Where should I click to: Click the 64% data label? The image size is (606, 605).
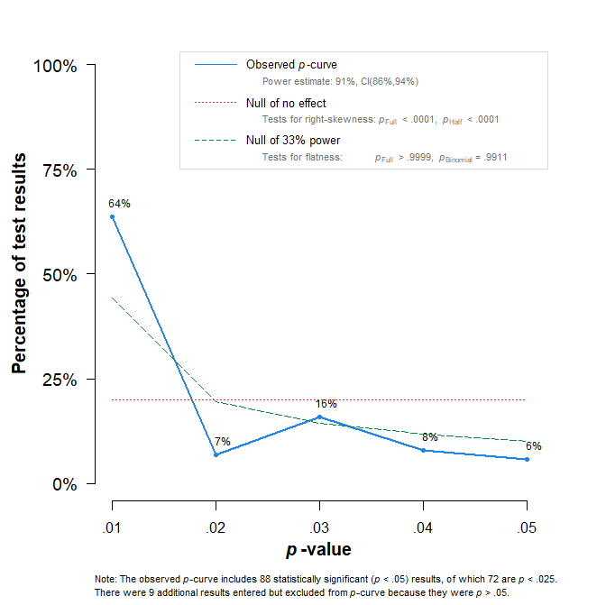pyautogui.click(x=119, y=204)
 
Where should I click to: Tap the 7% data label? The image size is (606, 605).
pyautogui.click(x=223, y=442)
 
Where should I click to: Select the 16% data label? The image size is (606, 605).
pyautogui.click(x=326, y=404)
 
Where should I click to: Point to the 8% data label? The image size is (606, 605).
pyautogui.click(x=430, y=437)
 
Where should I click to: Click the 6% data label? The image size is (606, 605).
pyautogui.click(x=534, y=446)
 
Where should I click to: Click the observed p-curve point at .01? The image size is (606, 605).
pyautogui.click(x=112, y=216)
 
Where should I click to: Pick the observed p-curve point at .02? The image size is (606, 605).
pyautogui.click(x=216, y=454)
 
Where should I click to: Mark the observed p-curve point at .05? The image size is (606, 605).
pyautogui.click(x=528, y=459)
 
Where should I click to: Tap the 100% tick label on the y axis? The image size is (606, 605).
pyautogui.click(x=54, y=66)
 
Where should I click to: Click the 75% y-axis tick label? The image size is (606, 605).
pyautogui.click(x=59, y=170)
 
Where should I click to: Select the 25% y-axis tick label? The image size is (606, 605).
pyautogui.click(x=59, y=380)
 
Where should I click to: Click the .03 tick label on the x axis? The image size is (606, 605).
pyautogui.click(x=319, y=527)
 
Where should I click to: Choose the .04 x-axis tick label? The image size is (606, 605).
pyautogui.click(x=423, y=527)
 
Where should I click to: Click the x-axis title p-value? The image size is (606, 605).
pyautogui.click(x=319, y=549)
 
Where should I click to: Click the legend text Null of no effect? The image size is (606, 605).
pyautogui.click(x=286, y=104)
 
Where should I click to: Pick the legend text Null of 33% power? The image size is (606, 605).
pyautogui.click(x=292, y=141)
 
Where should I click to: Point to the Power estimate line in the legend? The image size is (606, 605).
pyautogui.click(x=340, y=81)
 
